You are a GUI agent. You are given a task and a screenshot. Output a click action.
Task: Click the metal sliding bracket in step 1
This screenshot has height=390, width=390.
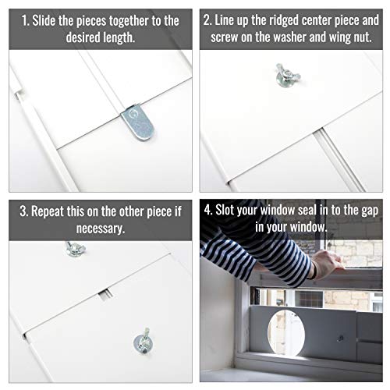click(137, 122)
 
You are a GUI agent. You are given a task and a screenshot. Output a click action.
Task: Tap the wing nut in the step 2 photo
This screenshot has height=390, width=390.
click(288, 75)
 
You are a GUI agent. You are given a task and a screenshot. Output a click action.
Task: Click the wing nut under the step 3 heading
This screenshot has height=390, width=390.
click(75, 249)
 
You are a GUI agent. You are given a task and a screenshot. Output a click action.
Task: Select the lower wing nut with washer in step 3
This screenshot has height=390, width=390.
click(143, 341)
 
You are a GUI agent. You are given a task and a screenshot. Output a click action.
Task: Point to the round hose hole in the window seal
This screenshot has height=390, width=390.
click(286, 334)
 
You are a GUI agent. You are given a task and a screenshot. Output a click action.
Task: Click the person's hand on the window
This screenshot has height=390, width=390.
click(327, 263)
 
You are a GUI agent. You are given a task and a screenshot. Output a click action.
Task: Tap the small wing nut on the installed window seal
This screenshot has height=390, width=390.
click(340, 339)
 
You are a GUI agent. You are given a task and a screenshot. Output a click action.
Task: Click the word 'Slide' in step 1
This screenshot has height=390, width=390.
click(44, 20)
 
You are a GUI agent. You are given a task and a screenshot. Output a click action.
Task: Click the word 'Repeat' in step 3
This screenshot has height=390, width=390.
click(48, 211)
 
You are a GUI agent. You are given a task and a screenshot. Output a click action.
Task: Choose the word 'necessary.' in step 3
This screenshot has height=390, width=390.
click(101, 229)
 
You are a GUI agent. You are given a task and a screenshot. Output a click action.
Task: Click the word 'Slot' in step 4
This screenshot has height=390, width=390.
click(225, 210)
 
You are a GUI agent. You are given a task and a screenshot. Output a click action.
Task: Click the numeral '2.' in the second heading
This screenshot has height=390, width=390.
click(207, 20)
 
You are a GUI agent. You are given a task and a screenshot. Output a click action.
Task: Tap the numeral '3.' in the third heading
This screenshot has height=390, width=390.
click(24, 211)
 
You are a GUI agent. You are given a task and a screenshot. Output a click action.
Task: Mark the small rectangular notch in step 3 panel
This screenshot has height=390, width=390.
click(105, 295)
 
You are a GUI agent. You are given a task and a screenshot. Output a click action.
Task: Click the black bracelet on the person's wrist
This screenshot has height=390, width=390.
click(314, 271)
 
